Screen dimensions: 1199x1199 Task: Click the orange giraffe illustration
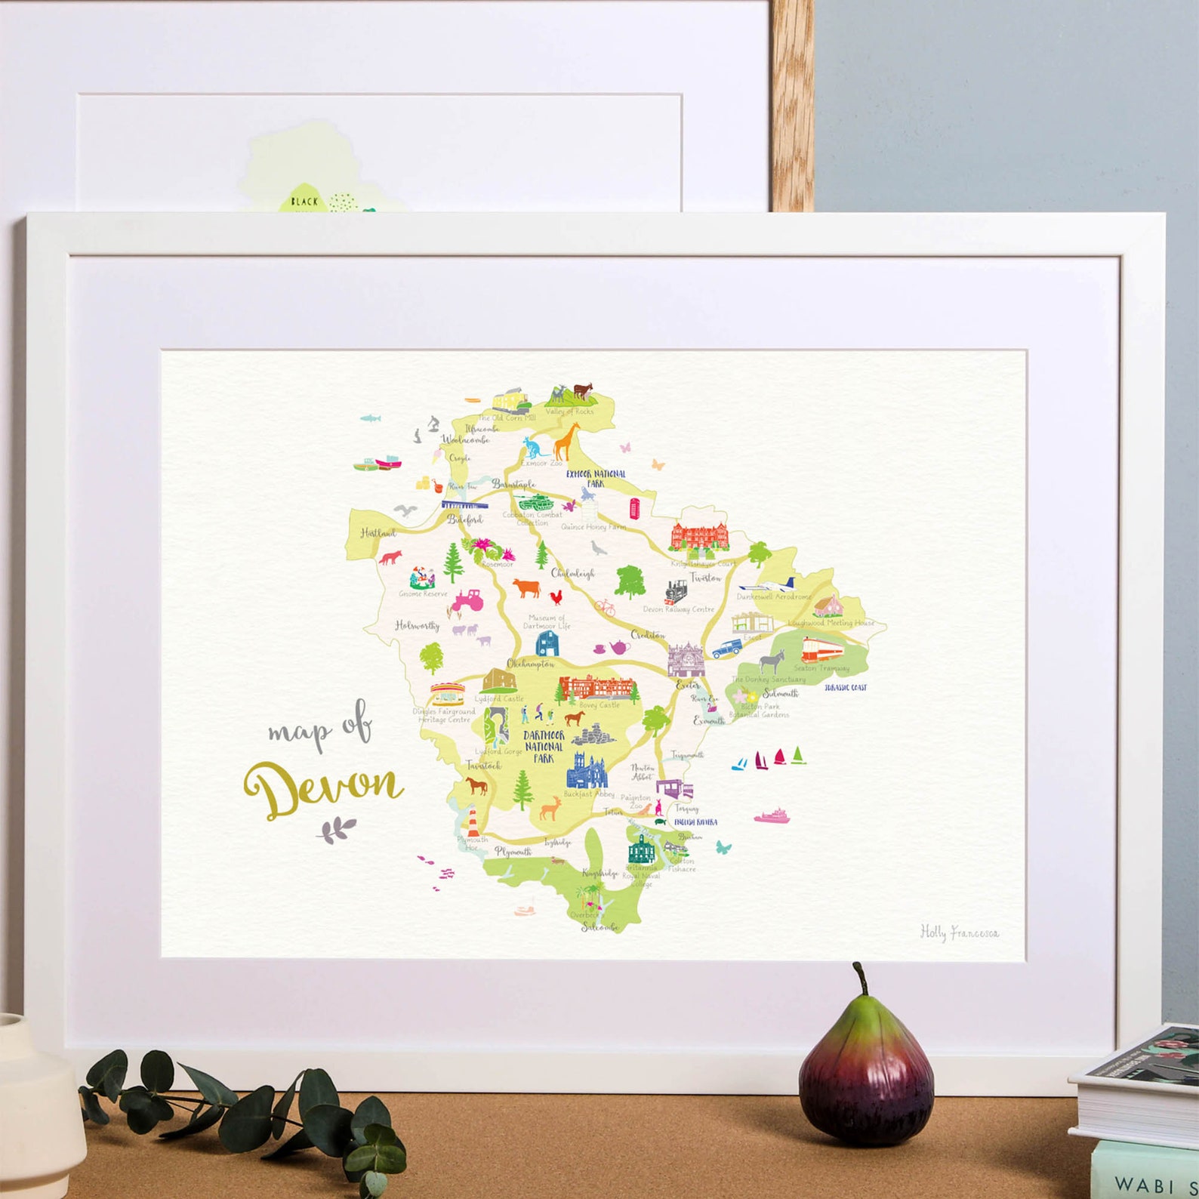566,441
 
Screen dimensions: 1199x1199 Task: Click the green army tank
536,501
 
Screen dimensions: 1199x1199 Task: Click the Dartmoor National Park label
544,746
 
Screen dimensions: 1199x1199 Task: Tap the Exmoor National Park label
596,478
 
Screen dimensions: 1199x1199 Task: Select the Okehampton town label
530,664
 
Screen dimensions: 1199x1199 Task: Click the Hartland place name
378,533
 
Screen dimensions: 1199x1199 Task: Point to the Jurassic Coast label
846,688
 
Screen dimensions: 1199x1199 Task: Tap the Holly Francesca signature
959,932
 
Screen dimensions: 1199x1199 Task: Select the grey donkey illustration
771,662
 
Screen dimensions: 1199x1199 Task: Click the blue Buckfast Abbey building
587,771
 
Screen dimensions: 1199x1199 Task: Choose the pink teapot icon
618,647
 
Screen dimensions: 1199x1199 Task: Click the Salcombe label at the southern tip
599,926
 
